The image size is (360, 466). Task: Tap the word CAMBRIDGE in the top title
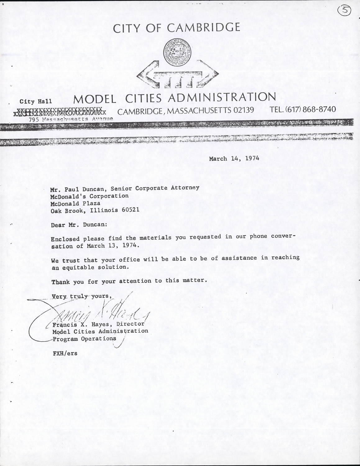coord(203,28)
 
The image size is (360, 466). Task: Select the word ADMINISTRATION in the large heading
coord(222,98)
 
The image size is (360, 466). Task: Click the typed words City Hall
coord(36,102)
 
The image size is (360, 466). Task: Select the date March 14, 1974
coord(234,158)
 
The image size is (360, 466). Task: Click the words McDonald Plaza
coord(75,203)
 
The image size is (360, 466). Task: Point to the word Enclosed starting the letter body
coord(65,239)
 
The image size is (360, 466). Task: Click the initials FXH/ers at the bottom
coord(65,353)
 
